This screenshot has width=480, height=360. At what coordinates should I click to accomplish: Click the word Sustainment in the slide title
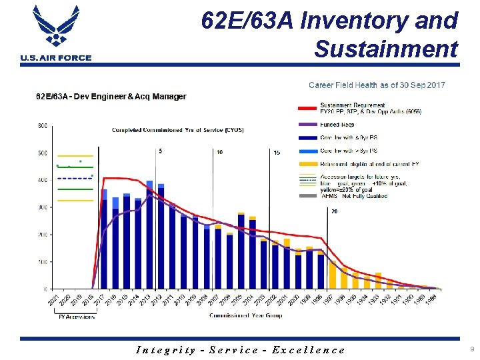pyautogui.click(x=386, y=49)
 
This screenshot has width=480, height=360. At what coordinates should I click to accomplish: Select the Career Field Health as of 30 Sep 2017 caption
pyautogui.click(x=377, y=85)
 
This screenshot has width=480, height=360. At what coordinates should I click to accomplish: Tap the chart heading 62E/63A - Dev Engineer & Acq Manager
pyautogui.click(x=111, y=97)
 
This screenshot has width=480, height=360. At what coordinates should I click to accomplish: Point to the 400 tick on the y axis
pyautogui.click(x=41, y=180)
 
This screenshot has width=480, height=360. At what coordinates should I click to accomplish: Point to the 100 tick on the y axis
pyautogui.click(x=41, y=262)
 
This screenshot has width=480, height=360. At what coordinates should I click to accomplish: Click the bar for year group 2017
pyautogui.click(x=104, y=240)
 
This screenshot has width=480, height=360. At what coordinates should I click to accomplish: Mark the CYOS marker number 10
pyautogui.click(x=219, y=152)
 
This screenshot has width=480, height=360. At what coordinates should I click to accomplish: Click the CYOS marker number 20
pyautogui.click(x=333, y=211)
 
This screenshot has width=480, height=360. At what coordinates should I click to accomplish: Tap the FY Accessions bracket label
pyautogui.click(x=75, y=317)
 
